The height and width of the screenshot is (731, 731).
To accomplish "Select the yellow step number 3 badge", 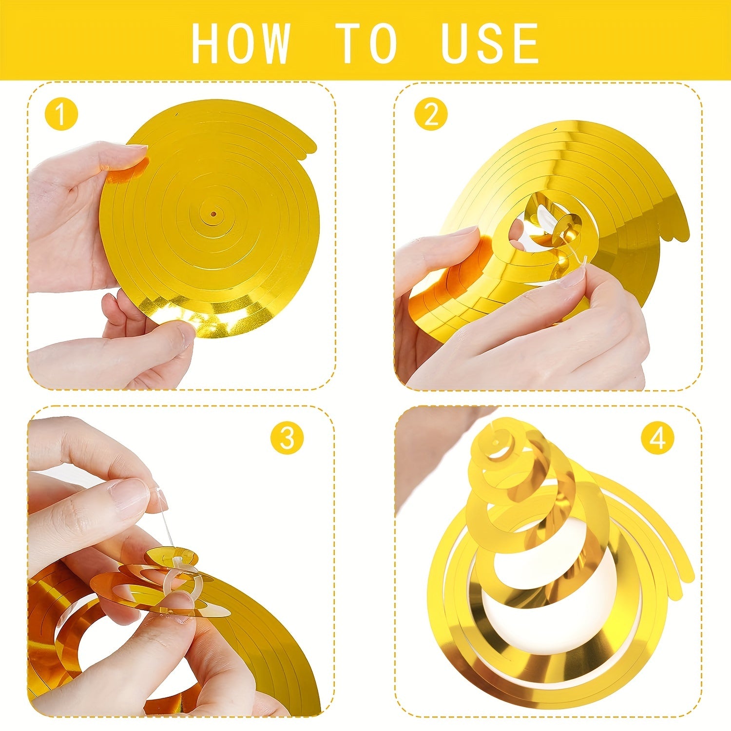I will [287, 438].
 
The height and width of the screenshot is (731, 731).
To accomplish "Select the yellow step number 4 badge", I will [657, 438].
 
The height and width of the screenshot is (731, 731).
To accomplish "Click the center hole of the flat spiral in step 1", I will [213, 214].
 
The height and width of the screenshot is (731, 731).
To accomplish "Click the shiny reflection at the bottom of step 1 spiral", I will [205, 317].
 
